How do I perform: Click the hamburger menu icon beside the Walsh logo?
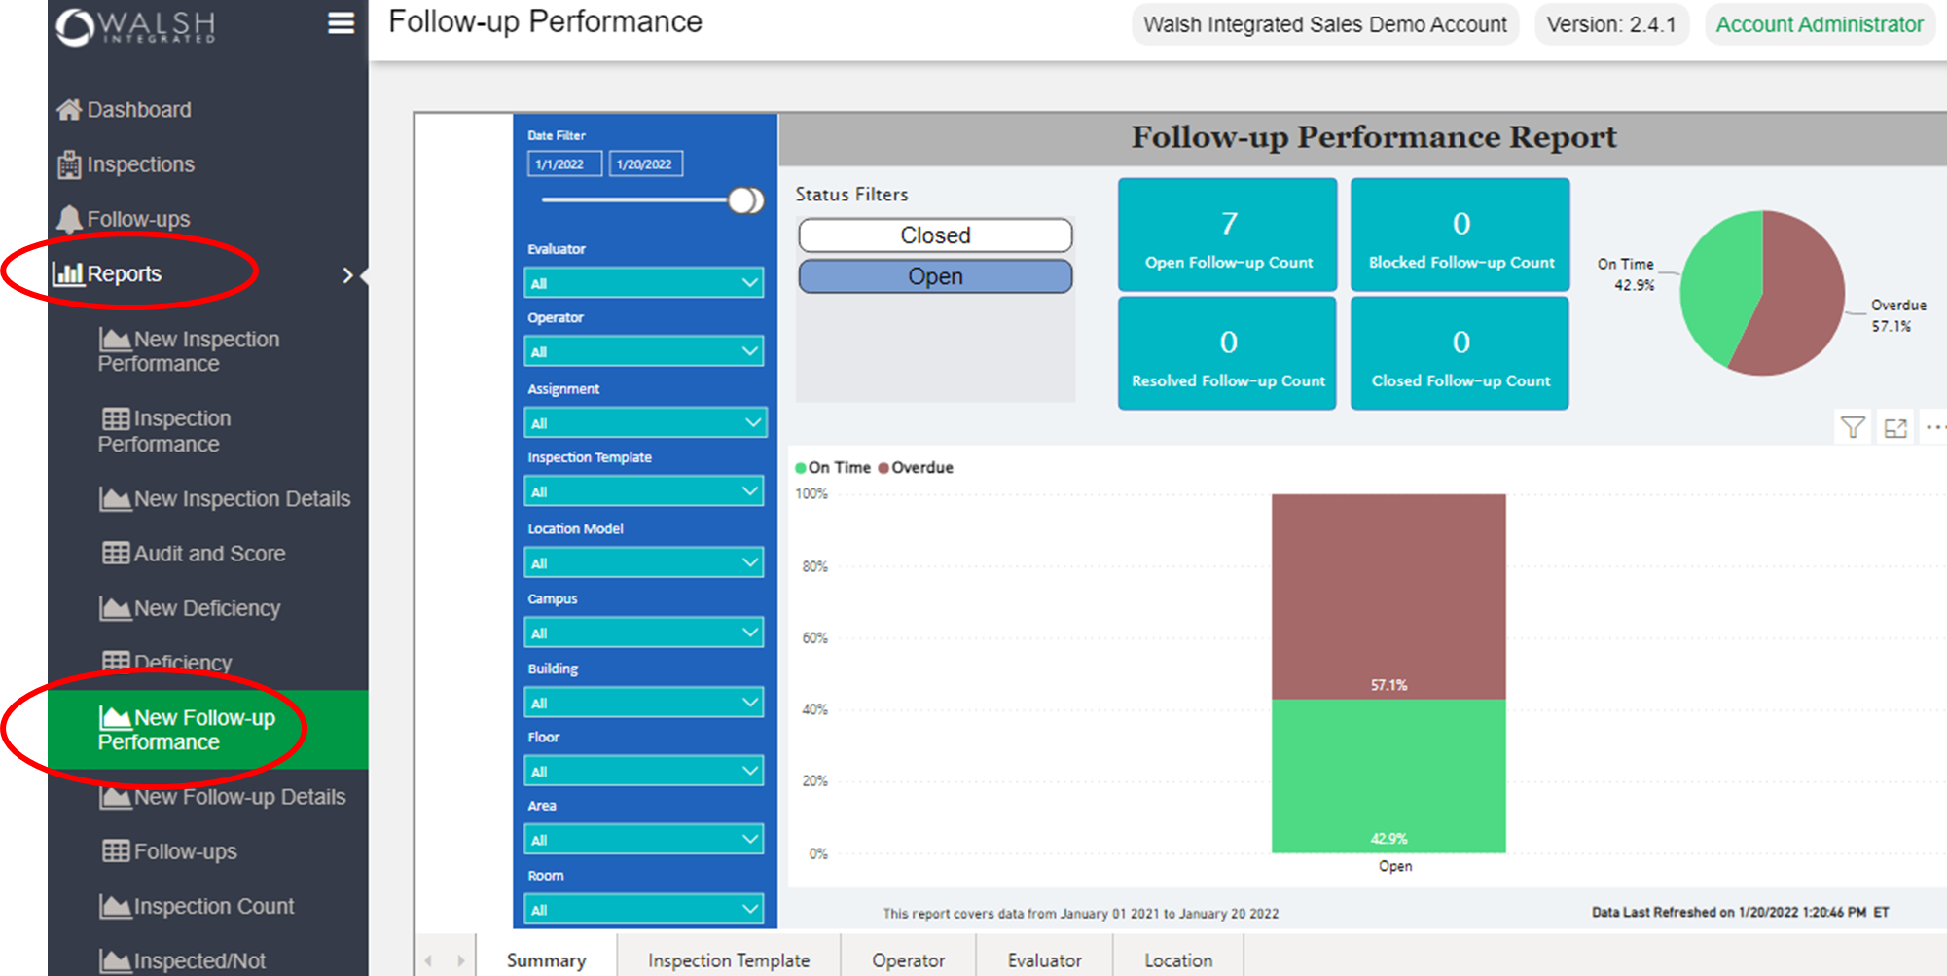pyautogui.click(x=341, y=23)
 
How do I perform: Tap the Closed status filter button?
pyautogui.click(x=935, y=235)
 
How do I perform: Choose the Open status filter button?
pyautogui.click(x=935, y=276)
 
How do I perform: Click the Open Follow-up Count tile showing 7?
pyautogui.click(x=1228, y=235)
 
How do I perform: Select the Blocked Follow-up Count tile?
pyautogui.click(x=1460, y=235)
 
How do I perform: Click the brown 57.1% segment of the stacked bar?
pyautogui.click(x=1388, y=596)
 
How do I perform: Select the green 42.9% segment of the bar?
pyautogui.click(x=1388, y=776)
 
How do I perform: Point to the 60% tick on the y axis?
pyautogui.click(x=814, y=638)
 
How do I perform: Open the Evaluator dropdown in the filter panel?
pyautogui.click(x=644, y=283)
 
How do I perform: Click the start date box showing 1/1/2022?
pyautogui.click(x=564, y=164)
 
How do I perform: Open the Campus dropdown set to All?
pyautogui.click(x=644, y=633)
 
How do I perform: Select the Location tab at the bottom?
pyautogui.click(x=1177, y=960)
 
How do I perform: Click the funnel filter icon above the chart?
pyautogui.click(x=1853, y=427)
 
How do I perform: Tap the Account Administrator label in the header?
pyautogui.click(x=1819, y=25)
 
